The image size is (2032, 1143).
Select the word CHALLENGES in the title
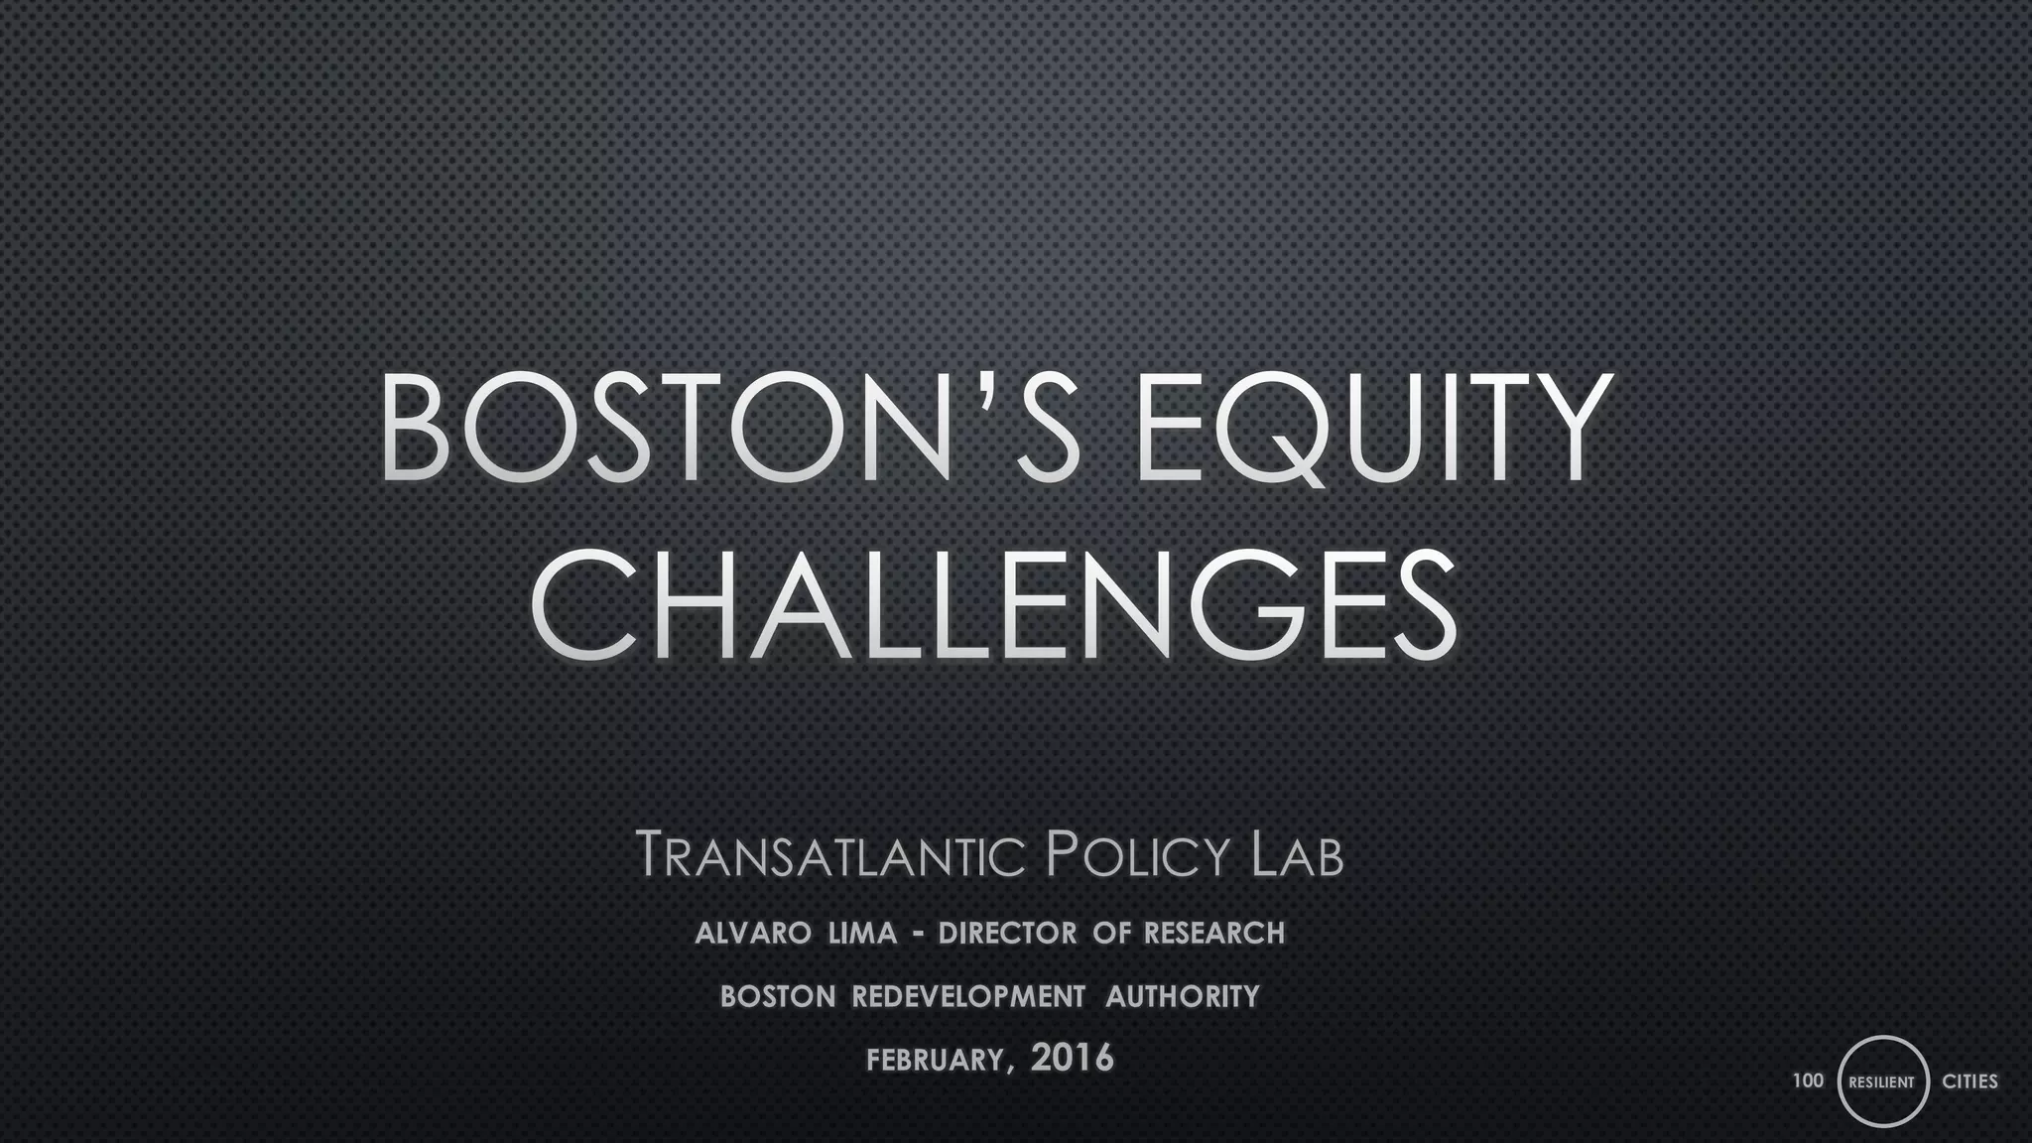click(994, 605)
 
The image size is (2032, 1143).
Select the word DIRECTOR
click(1006, 934)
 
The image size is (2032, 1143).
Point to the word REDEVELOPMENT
click(968, 996)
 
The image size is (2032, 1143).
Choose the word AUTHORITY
click(1183, 996)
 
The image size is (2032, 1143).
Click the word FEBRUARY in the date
click(937, 1061)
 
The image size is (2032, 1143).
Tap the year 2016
click(1073, 1059)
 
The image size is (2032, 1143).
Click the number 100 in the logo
click(1808, 1079)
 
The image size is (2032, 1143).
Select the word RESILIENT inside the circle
click(1882, 1082)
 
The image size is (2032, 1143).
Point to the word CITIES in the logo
click(1969, 1081)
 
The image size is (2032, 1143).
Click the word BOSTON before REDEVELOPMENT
click(778, 996)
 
